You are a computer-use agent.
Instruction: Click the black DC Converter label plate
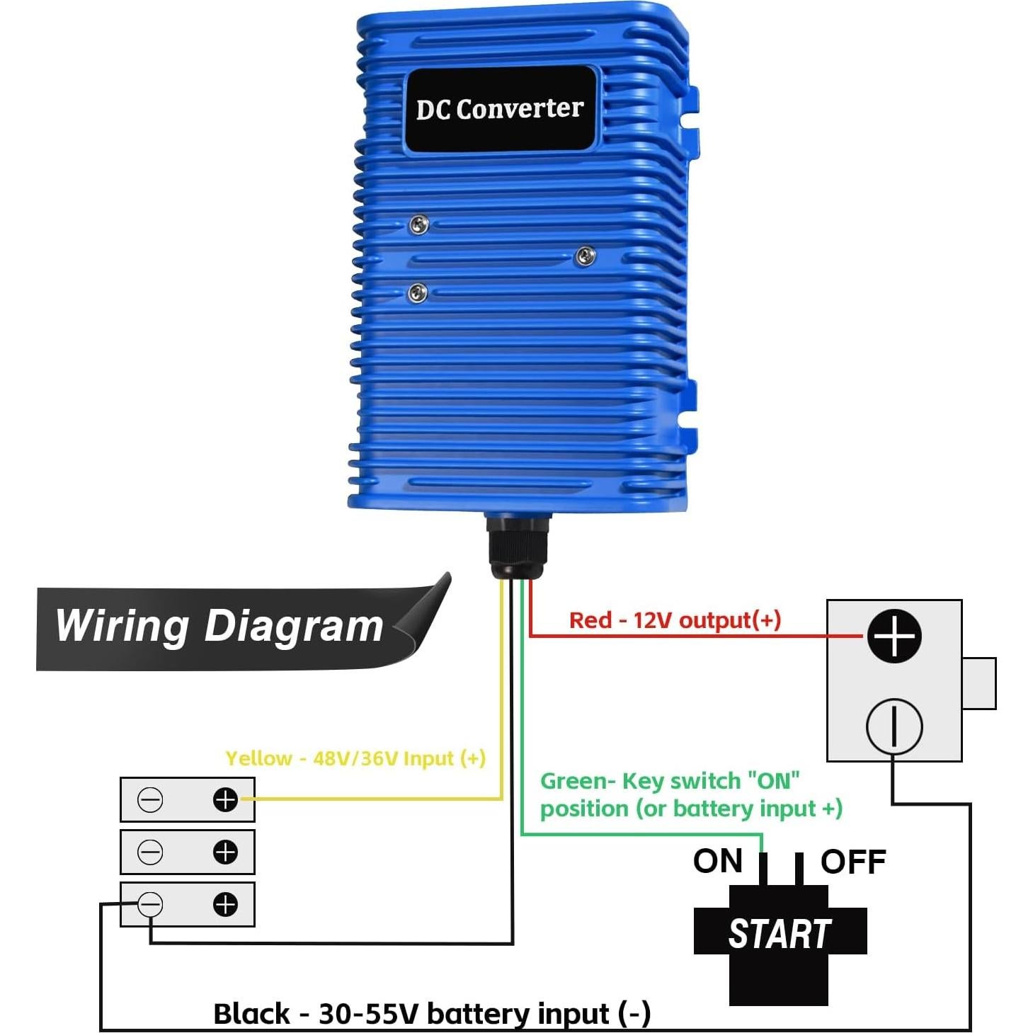pos(500,109)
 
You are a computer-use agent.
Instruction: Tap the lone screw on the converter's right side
pos(585,256)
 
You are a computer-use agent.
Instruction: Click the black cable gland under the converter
pos(517,547)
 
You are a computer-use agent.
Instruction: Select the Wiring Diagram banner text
pos(219,626)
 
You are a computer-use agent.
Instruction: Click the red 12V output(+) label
pos(675,620)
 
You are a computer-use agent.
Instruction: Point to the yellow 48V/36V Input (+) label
pos(355,758)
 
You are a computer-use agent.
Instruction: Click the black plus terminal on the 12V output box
pos(894,636)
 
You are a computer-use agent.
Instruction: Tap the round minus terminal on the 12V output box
pos(894,726)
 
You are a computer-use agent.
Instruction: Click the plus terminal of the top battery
pos(225,800)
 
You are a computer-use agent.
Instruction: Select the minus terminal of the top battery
pos(149,800)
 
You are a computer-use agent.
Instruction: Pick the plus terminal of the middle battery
pos(225,852)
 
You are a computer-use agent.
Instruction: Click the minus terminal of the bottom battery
pos(149,905)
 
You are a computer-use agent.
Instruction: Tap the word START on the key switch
pos(779,933)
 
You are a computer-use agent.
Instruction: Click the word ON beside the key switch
pos(717,862)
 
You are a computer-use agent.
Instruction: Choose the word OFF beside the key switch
pos(853,862)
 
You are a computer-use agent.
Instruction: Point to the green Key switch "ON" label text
pos(691,794)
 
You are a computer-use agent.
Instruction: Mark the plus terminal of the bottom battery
pos(225,904)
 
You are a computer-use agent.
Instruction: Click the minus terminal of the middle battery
pos(149,852)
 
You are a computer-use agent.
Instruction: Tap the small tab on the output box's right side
pos(979,683)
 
